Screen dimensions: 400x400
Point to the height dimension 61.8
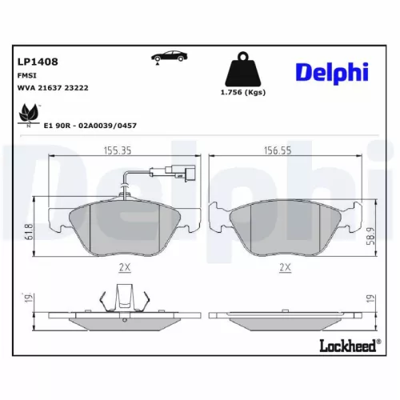pos(30,231)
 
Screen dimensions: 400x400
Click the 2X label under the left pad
pos(125,268)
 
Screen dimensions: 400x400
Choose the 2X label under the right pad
pos(285,268)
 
